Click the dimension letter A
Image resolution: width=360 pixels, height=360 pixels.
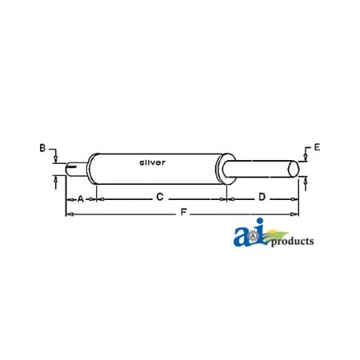click(81, 197)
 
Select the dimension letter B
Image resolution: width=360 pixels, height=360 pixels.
click(42, 147)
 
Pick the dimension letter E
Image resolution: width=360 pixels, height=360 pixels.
click(317, 147)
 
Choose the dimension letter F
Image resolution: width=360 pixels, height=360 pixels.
click(185, 214)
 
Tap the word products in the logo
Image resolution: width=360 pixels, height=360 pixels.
click(292, 241)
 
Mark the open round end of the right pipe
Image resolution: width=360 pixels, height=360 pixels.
click(294, 169)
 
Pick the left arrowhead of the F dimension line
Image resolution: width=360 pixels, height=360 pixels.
click(68, 215)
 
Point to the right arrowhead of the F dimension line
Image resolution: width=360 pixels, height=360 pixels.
click(300, 215)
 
